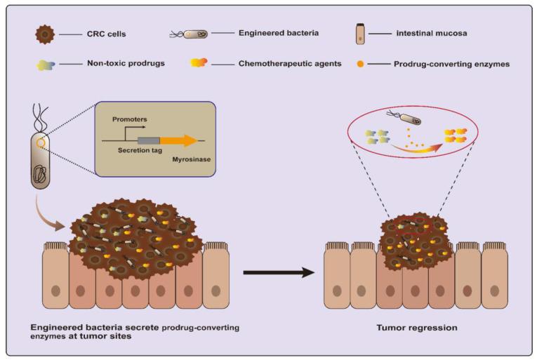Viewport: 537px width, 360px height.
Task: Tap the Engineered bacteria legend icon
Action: (x=190, y=33)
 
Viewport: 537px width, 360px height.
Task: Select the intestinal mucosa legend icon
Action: (x=360, y=33)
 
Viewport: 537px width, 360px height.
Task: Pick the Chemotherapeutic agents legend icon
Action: (x=199, y=64)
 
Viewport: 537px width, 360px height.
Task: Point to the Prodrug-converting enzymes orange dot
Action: (x=361, y=64)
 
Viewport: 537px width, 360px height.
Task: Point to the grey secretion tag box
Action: (x=148, y=140)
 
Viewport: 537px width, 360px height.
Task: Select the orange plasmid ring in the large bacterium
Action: (x=42, y=145)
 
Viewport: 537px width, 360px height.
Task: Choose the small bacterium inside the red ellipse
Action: (x=411, y=116)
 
